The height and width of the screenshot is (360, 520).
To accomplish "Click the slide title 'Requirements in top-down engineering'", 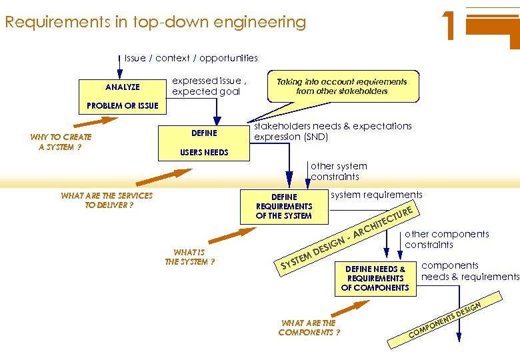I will [155, 22].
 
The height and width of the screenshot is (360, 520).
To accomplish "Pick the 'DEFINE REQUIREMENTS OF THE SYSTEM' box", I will [284, 206].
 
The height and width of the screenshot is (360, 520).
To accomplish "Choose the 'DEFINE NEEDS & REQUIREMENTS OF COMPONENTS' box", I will [375, 278].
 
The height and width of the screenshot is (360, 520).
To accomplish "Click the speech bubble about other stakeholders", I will [342, 86].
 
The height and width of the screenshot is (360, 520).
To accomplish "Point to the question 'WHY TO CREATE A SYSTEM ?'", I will [61, 142].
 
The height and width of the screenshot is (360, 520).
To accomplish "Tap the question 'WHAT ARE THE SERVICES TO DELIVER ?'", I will [107, 200].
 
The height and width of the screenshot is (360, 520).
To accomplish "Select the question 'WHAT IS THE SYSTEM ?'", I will [189, 257].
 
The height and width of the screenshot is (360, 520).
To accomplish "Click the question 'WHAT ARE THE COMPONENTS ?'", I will [309, 328].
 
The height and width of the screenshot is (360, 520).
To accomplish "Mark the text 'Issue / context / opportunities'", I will [191, 58].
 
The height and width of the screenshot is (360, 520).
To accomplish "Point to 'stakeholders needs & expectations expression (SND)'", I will [333, 131].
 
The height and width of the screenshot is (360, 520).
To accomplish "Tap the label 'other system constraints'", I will [339, 171].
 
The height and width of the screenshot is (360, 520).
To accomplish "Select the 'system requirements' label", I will [377, 195].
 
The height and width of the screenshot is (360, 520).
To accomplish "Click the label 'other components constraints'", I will [447, 239].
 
